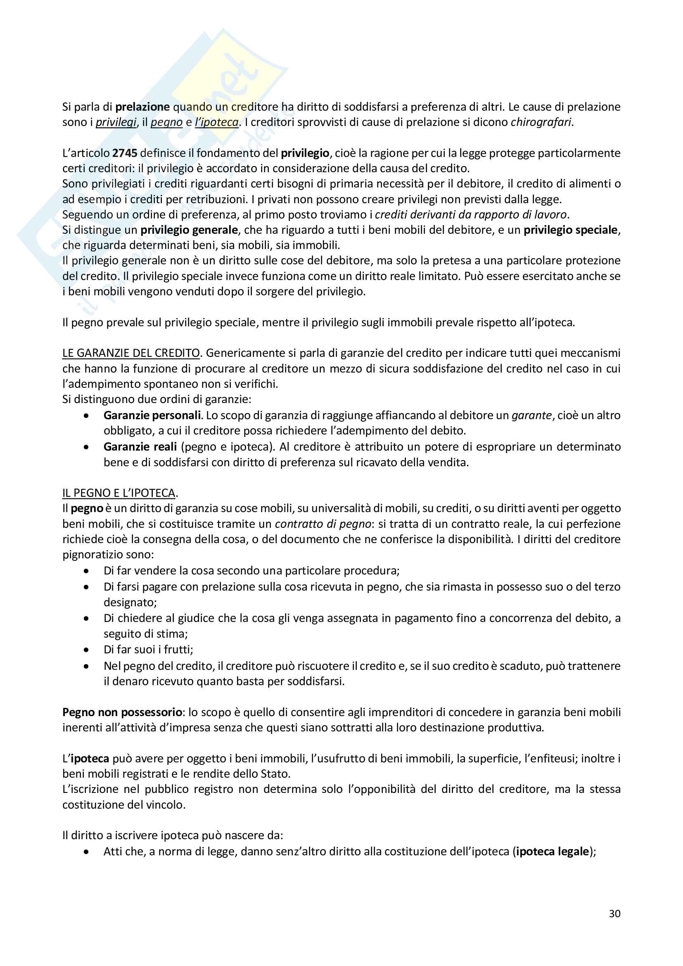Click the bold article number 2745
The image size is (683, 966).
point(124,153)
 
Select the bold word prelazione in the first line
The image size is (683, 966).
point(142,107)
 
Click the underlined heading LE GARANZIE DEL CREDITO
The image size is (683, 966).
point(131,353)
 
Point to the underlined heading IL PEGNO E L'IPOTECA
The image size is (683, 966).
point(119,493)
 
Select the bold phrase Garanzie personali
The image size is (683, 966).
point(152,415)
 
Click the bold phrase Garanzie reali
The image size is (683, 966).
point(140,446)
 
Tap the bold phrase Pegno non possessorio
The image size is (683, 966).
point(122,712)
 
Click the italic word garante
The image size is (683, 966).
point(531,415)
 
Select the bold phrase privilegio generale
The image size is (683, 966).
point(189,230)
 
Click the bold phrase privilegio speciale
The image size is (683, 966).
point(571,230)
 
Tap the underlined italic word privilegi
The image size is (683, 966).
point(116,122)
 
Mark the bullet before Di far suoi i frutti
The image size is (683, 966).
point(86,650)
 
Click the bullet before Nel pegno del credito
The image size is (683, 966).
point(86,666)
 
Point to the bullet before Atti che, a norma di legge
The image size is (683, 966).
point(86,852)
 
